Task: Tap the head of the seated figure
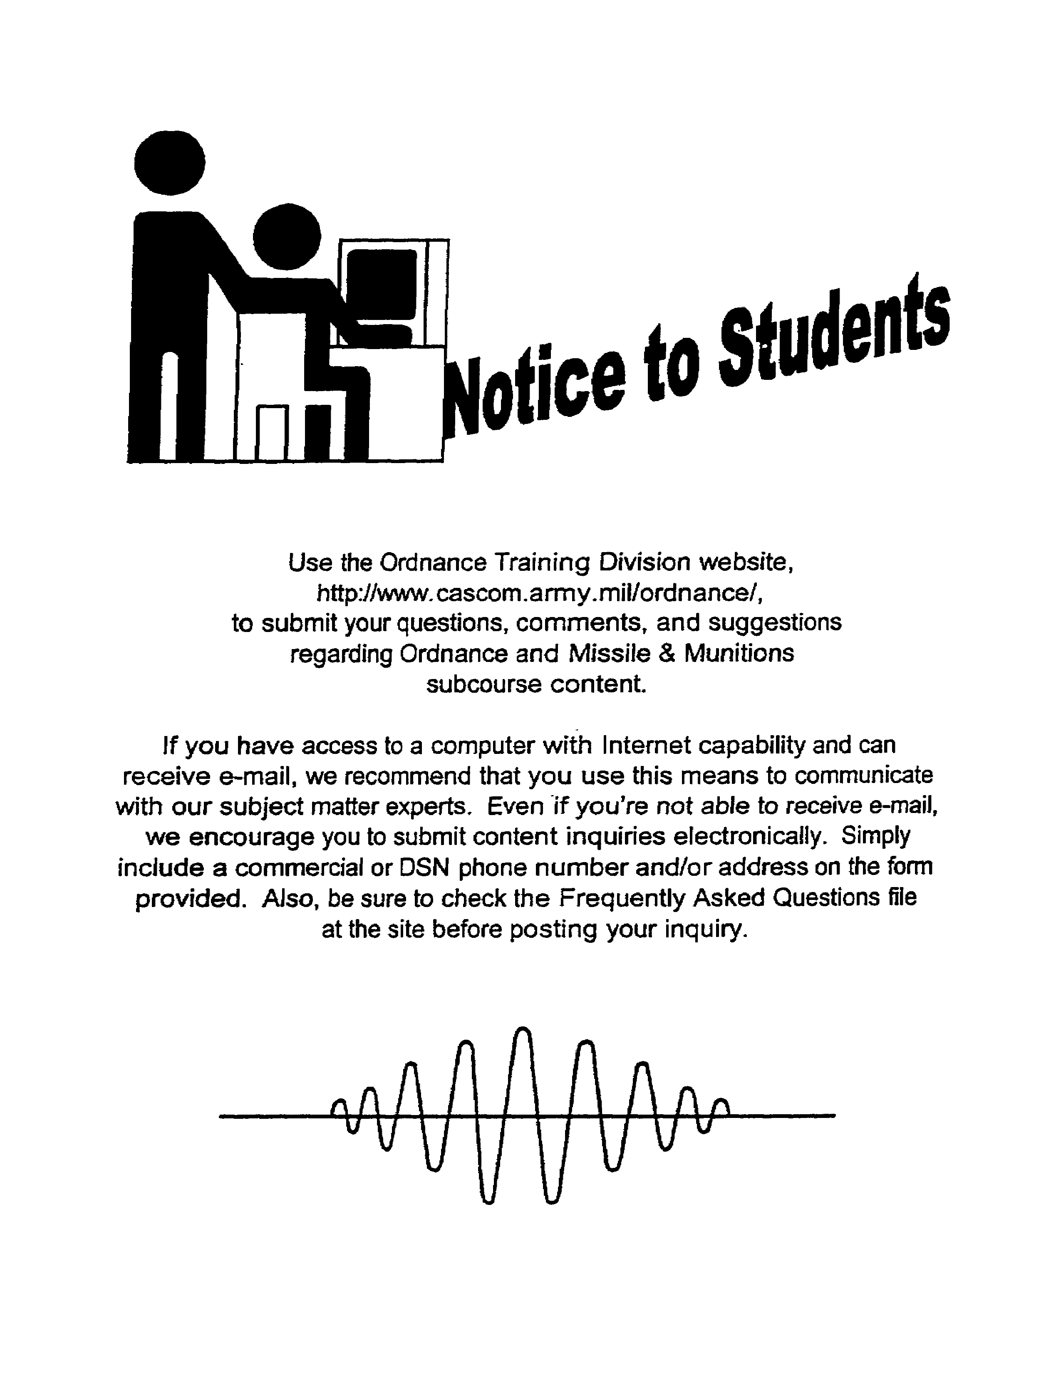tap(287, 236)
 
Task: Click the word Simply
tap(875, 837)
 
